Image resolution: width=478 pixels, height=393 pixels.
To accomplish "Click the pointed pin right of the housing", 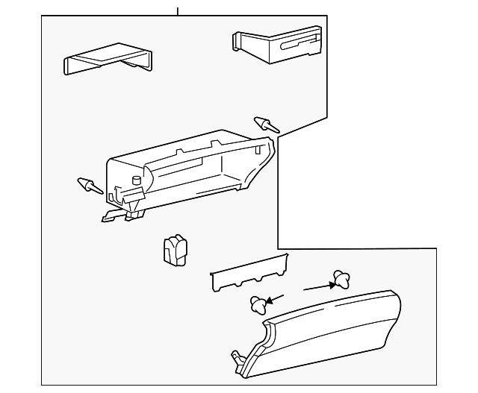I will point(267,125).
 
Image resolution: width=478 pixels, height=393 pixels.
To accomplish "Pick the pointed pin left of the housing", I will point(90,185).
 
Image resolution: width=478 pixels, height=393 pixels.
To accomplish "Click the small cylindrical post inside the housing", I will point(136,180).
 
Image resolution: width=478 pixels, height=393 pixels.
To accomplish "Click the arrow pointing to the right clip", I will point(317,286).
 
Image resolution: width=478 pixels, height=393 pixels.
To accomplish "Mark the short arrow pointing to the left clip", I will point(275,299).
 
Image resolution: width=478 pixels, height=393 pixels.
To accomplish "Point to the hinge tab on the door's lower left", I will point(238,359).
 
